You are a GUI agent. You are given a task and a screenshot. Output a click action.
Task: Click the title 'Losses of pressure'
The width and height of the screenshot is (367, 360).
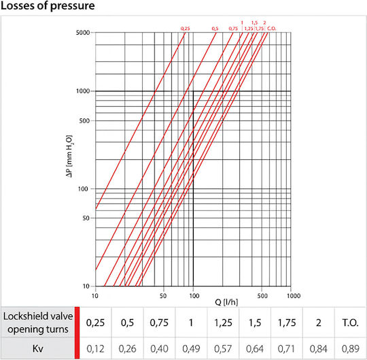pyautogui.click(x=48, y=6)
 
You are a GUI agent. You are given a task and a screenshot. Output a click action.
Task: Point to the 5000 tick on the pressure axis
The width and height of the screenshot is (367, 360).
pyautogui.click(x=83, y=33)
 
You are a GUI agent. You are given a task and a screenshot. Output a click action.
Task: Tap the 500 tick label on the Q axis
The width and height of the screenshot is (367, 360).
pyautogui.click(x=262, y=296)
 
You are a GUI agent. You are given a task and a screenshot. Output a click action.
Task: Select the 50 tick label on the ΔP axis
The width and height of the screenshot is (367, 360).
pyautogui.click(x=86, y=218)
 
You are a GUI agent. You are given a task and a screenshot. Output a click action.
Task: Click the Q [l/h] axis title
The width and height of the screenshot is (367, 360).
pyautogui.click(x=226, y=302)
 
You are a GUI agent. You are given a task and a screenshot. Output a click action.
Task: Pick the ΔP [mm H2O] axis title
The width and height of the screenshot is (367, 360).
pyautogui.click(x=69, y=157)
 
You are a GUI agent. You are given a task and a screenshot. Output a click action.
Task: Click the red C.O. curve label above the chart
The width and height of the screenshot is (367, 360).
pyautogui.click(x=272, y=29)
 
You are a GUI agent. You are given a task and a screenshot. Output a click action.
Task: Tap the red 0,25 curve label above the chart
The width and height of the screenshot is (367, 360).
pyautogui.click(x=185, y=29)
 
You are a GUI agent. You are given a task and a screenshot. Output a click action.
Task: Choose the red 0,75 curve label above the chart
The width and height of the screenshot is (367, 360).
pyautogui.click(x=233, y=29)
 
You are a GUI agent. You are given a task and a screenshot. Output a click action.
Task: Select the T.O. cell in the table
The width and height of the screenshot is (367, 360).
pyautogui.click(x=350, y=323)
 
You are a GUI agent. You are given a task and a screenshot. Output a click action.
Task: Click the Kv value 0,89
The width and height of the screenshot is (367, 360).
pyautogui.click(x=351, y=348)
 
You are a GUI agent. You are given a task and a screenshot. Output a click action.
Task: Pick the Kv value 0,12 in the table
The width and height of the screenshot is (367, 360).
pyautogui.click(x=95, y=348)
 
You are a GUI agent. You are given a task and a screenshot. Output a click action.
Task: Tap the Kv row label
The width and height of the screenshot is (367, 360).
pyautogui.click(x=37, y=348)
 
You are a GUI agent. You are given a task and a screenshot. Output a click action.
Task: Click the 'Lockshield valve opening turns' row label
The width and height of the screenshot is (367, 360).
pyautogui.click(x=38, y=323)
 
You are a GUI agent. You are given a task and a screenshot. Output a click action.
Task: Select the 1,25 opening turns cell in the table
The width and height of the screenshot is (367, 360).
pyautogui.click(x=223, y=323)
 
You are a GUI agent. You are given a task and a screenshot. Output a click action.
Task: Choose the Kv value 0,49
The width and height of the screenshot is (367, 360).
pyautogui.click(x=191, y=348)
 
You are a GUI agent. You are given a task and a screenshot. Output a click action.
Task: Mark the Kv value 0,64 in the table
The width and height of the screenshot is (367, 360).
pyautogui.click(x=255, y=348)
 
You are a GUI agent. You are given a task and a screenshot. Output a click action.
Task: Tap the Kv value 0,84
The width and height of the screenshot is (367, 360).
pyautogui.click(x=318, y=348)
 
